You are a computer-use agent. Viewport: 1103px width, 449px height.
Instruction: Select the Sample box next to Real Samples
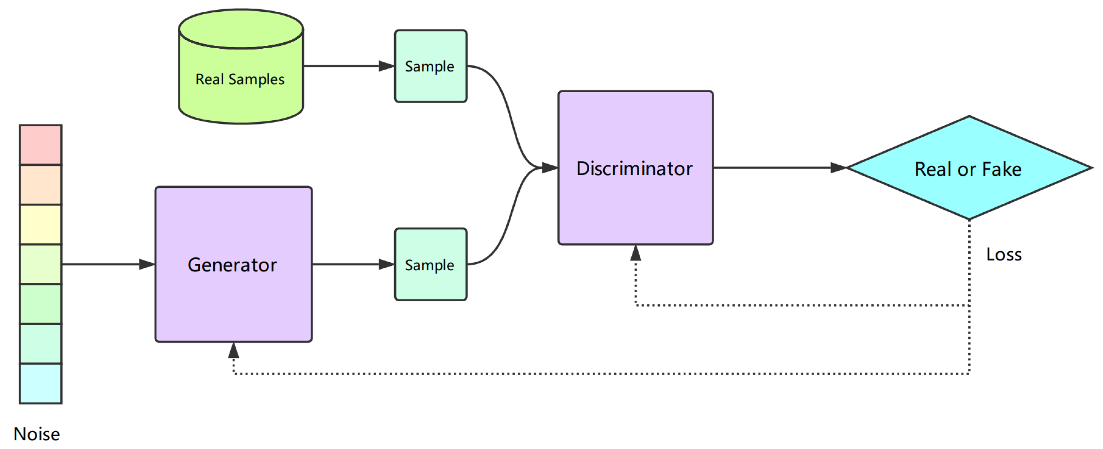[x=430, y=66]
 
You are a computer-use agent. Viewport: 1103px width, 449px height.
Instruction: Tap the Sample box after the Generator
[x=430, y=264]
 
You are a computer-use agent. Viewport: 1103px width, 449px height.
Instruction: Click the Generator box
[x=233, y=264]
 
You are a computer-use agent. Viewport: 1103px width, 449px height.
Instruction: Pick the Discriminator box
[x=635, y=168]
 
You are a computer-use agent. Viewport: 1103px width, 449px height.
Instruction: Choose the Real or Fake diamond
[x=969, y=168]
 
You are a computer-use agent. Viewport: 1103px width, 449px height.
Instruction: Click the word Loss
[x=1004, y=254]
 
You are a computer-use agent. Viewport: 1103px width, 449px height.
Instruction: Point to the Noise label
[x=37, y=434]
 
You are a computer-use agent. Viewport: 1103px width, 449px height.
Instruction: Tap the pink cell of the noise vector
[x=41, y=144]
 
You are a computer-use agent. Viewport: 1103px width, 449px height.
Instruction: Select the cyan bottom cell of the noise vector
[x=41, y=383]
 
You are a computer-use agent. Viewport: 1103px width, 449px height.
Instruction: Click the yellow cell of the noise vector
[x=41, y=224]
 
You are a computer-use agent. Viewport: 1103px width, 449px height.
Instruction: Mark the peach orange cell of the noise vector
[x=41, y=184]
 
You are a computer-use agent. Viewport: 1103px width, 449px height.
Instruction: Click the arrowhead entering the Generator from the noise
[x=147, y=264]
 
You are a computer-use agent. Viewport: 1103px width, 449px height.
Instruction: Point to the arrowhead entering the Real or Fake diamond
[x=838, y=168]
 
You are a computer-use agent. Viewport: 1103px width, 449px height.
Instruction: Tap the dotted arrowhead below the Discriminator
[x=635, y=254]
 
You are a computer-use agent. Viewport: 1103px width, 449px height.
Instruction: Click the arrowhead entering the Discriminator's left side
[x=549, y=168]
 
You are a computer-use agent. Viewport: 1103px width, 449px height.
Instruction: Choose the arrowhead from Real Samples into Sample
[x=386, y=66]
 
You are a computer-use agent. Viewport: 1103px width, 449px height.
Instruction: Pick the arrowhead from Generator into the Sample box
[x=386, y=264]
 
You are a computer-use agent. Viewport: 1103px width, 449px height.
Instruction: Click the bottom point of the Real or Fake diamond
[x=969, y=219]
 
